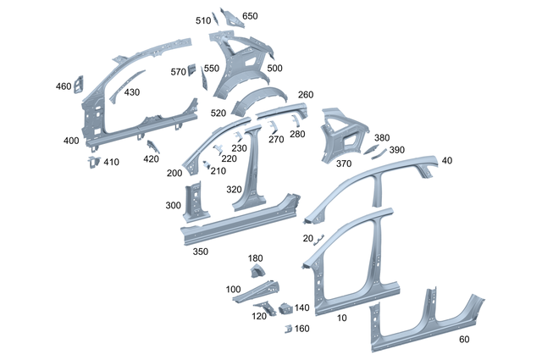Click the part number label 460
point(64,86)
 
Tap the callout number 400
point(71,140)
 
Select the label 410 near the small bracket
point(112,162)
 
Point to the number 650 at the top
point(250,16)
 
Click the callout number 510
point(203,20)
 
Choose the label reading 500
point(274,68)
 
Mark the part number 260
point(306,95)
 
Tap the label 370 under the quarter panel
point(319,163)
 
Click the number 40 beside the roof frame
point(447,161)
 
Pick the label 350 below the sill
point(201,252)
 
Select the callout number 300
point(173,206)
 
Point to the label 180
point(255,258)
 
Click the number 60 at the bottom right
point(463,340)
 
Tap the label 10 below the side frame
point(342,318)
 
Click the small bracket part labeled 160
point(287,328)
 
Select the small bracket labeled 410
point(93,161)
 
